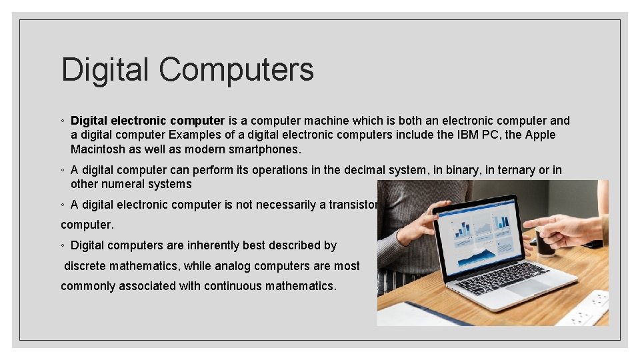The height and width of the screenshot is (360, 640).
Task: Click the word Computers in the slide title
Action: [236, 69]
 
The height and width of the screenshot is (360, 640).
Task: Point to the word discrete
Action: [87, 266]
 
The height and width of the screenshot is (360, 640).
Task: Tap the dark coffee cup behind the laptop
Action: [545, 241]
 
